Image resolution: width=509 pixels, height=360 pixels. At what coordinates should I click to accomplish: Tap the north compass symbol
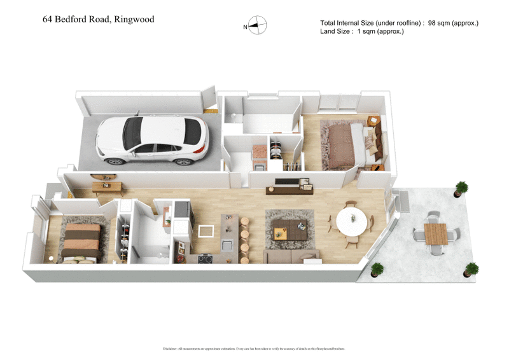tap(257, 26)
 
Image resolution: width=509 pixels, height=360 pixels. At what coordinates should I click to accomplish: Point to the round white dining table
tap(351, 221)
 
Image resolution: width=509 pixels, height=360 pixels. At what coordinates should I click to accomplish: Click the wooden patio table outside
tap(436, 233)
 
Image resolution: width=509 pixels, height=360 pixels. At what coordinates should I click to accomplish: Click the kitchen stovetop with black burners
tap(206, 258)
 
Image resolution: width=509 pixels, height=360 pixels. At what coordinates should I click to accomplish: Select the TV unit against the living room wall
tap(293, 185)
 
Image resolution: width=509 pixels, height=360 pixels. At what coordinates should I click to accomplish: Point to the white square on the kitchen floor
tap(206, 230)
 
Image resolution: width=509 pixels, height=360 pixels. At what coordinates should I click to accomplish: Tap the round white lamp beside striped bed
tap(50, 259)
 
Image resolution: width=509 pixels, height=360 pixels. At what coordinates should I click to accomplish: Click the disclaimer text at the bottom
tap(254, 349)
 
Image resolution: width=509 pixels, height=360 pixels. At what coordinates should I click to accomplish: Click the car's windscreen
tap(132, 131)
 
